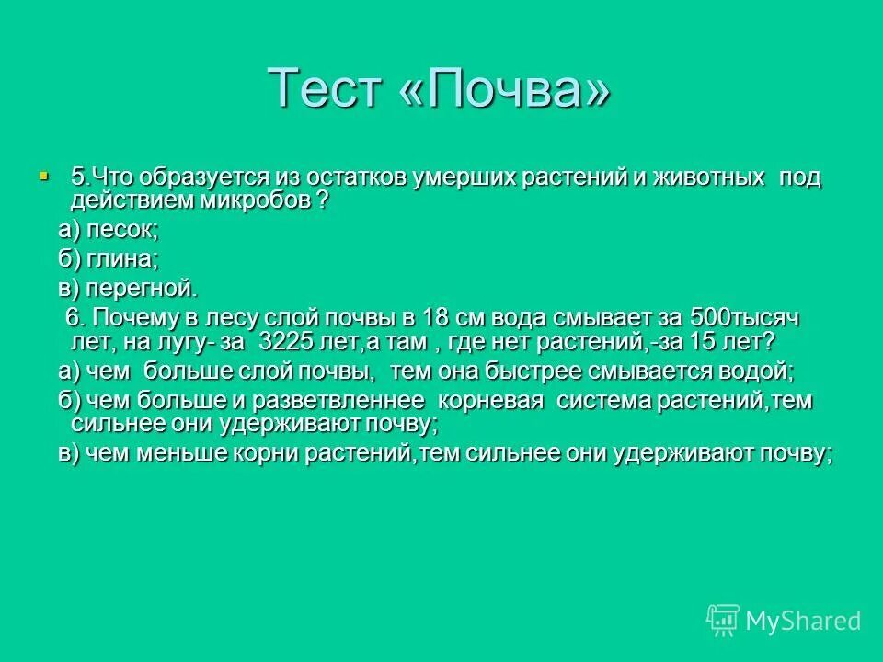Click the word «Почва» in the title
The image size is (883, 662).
[505, 88]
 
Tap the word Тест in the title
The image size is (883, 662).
[326, 88]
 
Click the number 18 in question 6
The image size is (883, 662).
[434, 318]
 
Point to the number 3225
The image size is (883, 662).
[291, 341]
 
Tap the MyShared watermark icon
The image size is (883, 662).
[722, 620]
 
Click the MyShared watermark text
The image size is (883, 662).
[803, 621]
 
